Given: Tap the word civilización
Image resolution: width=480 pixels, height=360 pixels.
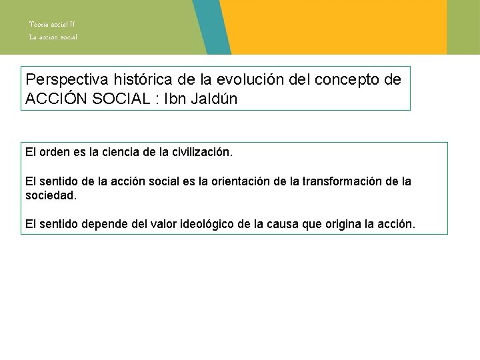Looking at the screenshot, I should tap(199, 153).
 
